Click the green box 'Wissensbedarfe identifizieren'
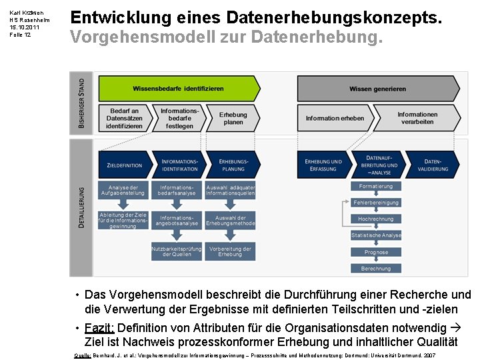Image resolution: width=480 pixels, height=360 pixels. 178,88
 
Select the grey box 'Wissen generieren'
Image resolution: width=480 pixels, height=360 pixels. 377,89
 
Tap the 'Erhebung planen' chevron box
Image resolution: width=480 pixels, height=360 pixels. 233,118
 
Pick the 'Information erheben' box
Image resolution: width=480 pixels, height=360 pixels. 335,118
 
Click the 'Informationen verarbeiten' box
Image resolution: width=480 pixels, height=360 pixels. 417,118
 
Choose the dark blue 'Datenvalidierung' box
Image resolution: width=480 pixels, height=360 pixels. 433,165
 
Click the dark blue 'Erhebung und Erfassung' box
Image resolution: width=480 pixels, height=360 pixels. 323,165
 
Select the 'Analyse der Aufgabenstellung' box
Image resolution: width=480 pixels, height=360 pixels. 123,191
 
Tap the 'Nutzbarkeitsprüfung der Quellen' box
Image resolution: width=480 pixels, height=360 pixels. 176,251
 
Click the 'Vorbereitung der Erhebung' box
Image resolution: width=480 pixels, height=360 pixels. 230,251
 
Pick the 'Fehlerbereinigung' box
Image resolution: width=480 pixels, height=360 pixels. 376,203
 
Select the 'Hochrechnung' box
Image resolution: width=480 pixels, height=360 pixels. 376,219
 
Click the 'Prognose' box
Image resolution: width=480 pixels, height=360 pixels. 376,252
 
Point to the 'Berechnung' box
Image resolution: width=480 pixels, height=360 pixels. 376,269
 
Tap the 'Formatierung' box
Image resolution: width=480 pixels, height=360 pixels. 376,187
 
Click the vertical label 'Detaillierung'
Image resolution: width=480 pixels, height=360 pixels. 81,207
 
